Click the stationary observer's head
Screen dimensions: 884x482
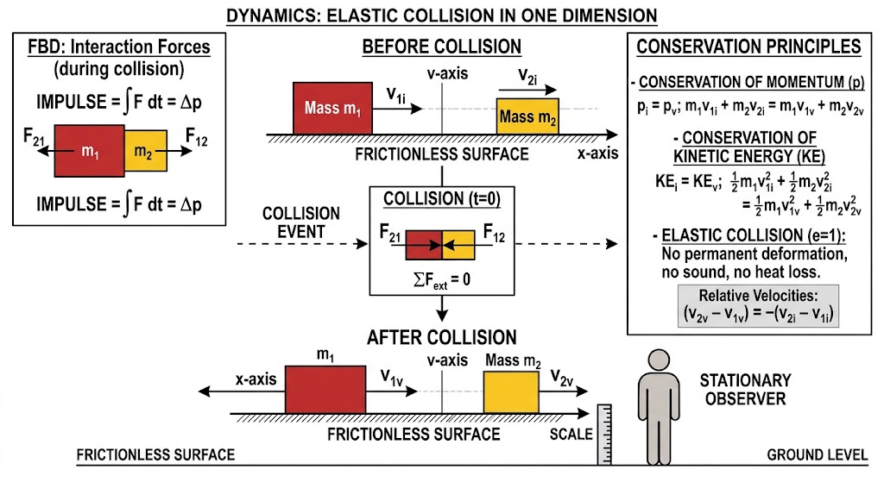659,360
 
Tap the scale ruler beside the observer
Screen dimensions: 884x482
604,434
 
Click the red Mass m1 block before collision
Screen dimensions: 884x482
332,108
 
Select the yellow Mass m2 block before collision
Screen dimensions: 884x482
527,116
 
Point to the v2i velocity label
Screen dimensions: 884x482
527,76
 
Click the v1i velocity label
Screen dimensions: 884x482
395,94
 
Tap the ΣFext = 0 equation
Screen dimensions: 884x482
442,280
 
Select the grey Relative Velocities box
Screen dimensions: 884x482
758,306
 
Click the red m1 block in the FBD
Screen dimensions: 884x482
89,151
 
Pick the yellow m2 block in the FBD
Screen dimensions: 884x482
145,151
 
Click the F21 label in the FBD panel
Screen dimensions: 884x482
34,137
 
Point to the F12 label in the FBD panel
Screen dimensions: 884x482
196,137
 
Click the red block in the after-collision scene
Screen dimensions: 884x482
325,390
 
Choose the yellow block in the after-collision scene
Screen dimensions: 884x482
511,392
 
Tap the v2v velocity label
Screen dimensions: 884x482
562,377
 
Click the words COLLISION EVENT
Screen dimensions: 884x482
301,222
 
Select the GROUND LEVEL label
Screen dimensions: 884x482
818,455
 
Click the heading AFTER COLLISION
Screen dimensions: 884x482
442,337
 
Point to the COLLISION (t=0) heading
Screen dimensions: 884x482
442,199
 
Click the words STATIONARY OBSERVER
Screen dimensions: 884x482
745,389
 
